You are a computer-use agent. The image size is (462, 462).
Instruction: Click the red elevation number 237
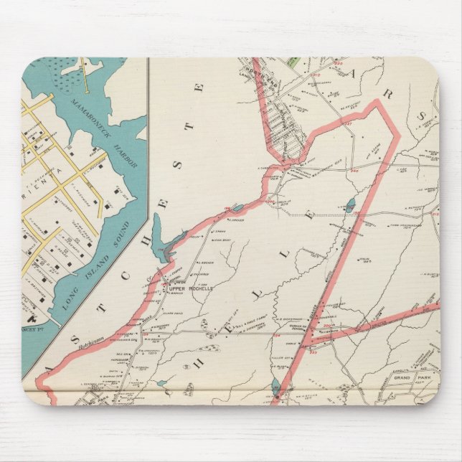click(x=349, y=124)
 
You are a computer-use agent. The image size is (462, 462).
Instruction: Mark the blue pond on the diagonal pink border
click(x=277, y=390)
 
